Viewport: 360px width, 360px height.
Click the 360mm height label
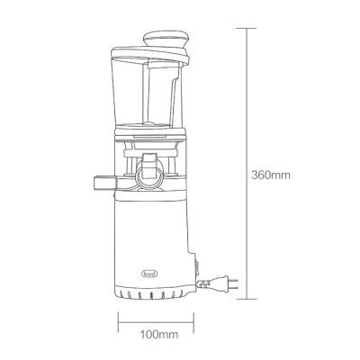(271, 175)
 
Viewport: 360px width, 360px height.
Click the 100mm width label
(157, 336)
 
